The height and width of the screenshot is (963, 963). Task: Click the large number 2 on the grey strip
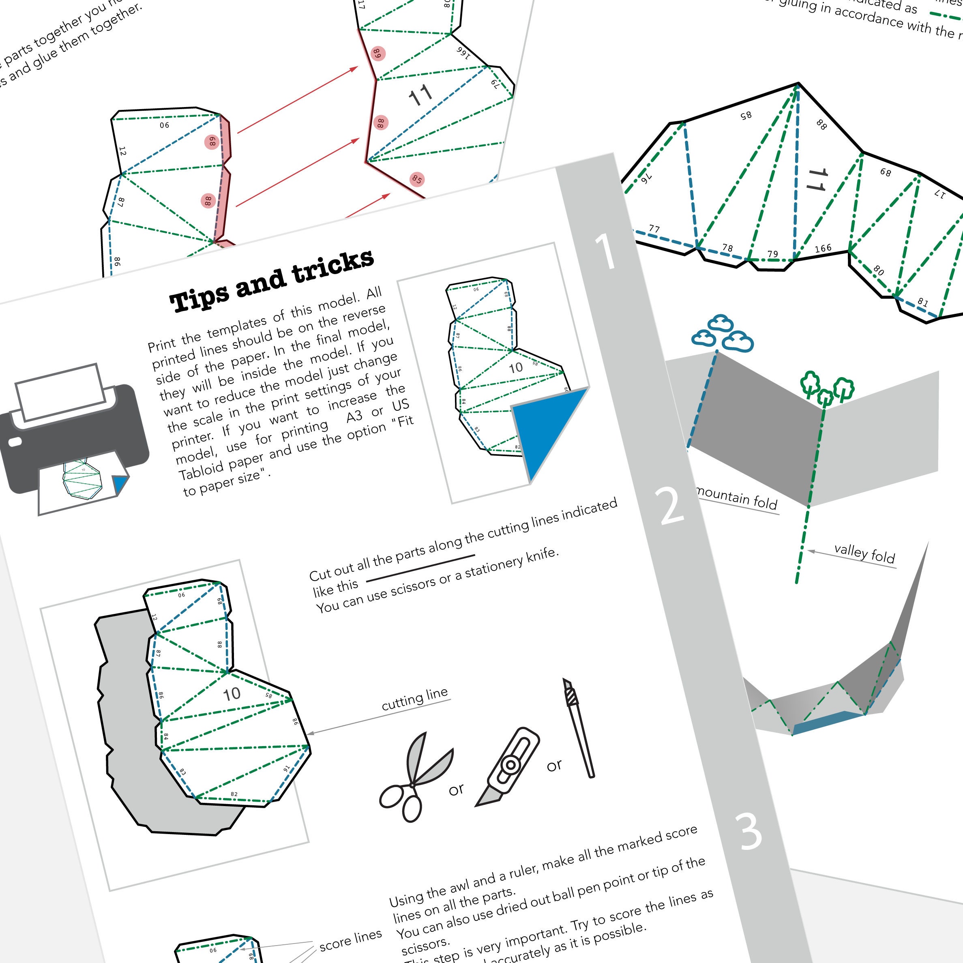coord(671,506)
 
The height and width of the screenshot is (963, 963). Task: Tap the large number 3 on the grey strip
coord(749,831)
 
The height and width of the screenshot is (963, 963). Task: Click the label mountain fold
coord(737,498)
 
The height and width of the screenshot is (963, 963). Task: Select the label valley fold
coord(864,553)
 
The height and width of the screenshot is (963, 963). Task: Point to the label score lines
coord(350,939)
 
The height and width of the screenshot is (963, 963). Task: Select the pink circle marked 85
coord(417,180)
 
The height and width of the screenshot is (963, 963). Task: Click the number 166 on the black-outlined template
coord(823,248)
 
